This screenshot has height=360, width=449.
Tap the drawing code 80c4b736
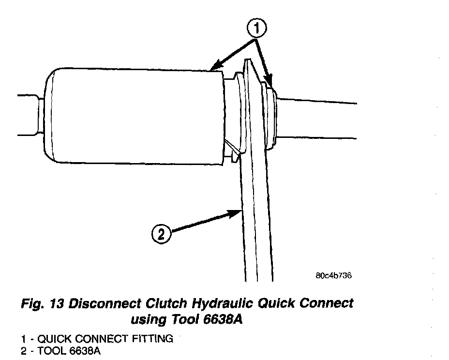[333, 276]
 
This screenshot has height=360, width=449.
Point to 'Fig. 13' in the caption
[43, 304]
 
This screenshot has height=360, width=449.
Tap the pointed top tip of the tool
[247, 60]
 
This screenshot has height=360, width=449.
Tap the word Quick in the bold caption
[280, 304]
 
